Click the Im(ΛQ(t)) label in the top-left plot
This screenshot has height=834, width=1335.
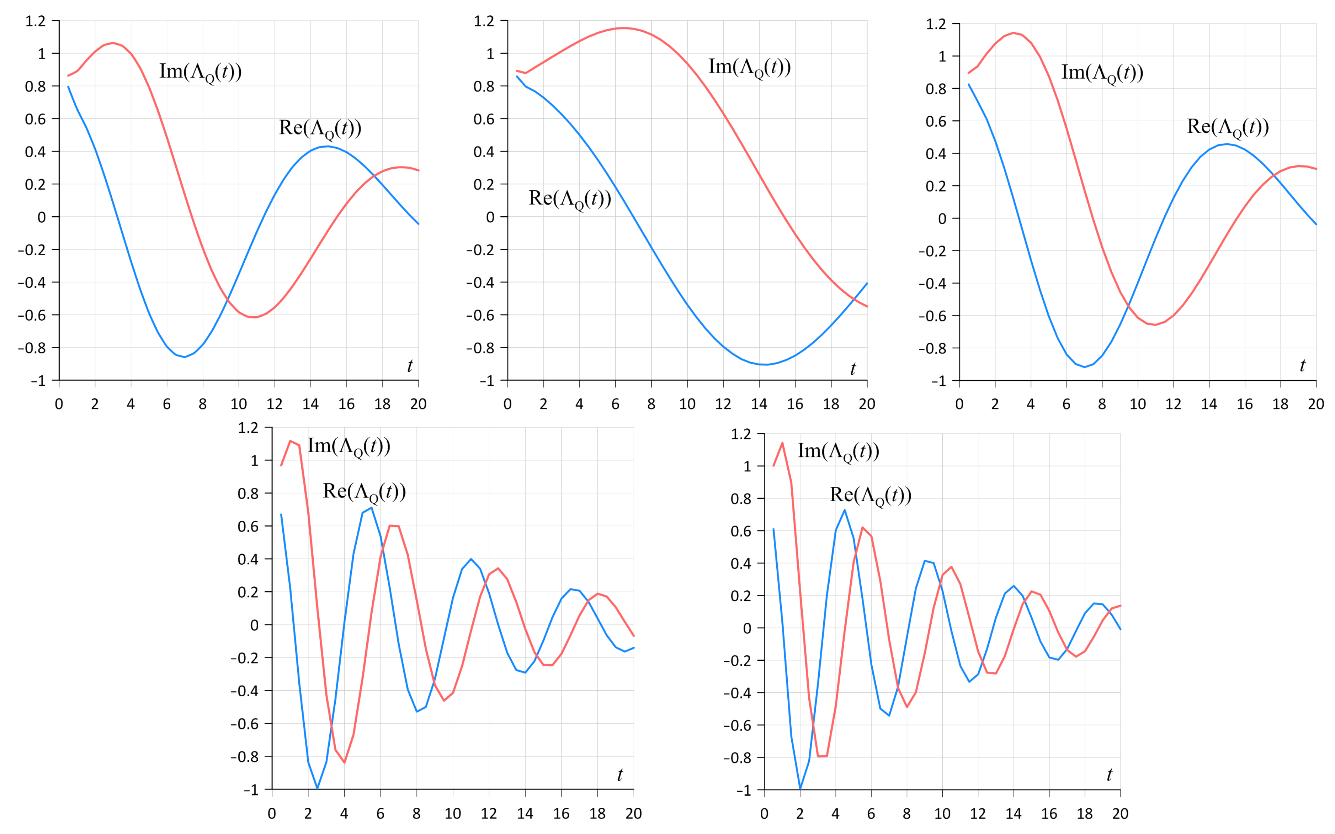pyautogui.click(x=200, y=72)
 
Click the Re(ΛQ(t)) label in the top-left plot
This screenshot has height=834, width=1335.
pyautogui.click(x=320, y=128)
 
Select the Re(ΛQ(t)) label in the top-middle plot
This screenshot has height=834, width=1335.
pyautogui.click(x=569, y=199)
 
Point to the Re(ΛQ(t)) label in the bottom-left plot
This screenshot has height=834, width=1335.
pyautogui.click(x=364, y=491)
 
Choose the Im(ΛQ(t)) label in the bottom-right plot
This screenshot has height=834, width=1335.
pyautogui.click(x=838, y=451)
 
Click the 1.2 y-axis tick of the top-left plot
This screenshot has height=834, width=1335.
pyautogui.click(x=35, y=21)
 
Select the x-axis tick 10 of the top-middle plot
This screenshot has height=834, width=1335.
pyautogui.click(x=687, y=404)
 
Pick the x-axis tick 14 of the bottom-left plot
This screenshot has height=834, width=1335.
pyautogui.click(x=525, y=814)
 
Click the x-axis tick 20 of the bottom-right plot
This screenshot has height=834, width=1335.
pyautogui.click(x=1120, y=814)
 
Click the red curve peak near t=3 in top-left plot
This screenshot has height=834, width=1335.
pyautogui.click(x=113, y=43)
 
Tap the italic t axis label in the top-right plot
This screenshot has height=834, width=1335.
pyautogui.click(x=1302, y=366)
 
